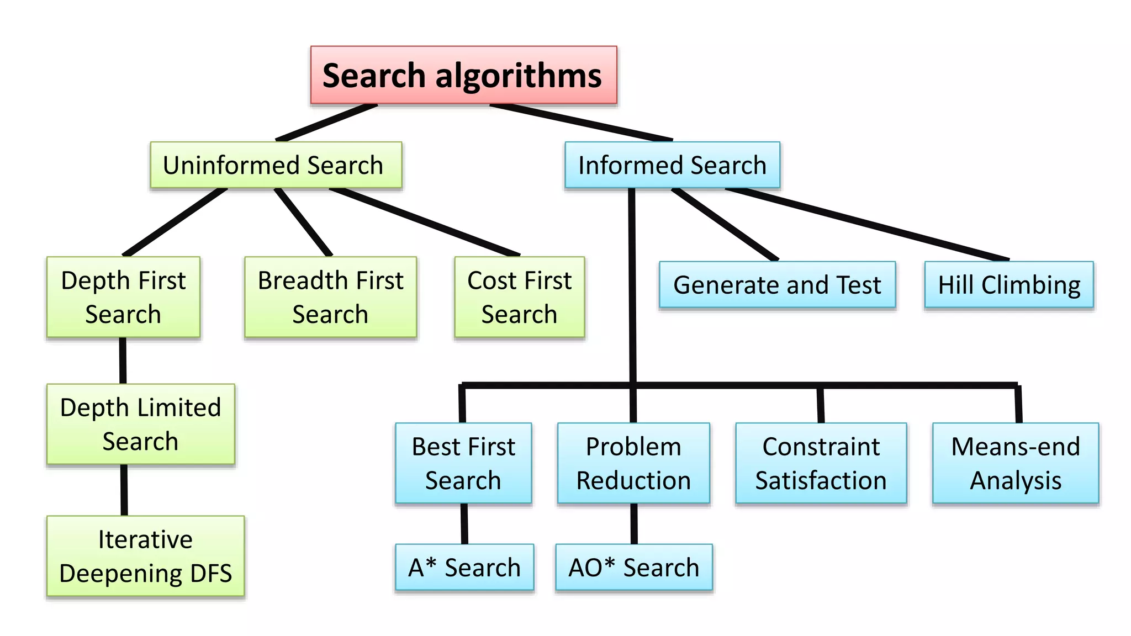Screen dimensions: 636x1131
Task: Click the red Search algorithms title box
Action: pos(463,75)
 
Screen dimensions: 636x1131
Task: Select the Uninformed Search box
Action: pos(276,165)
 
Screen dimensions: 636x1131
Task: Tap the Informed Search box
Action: pos(672,165)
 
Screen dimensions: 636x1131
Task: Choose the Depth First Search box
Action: pos(123,297)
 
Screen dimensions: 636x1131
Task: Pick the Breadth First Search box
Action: pos(330,297)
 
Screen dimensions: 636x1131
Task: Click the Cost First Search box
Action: pos(519,297)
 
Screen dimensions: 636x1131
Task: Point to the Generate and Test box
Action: pos(777,285)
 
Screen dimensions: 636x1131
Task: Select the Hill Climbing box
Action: pos(1009,285)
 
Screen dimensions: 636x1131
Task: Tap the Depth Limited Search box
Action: pos(140,424)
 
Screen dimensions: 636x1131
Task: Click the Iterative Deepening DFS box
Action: pos(145,556)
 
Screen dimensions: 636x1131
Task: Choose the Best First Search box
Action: pos(463,463)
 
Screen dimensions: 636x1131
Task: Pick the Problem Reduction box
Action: pos(633,463)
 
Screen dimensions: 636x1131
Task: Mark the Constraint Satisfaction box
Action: pos(821,463)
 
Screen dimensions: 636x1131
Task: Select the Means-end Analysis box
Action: pos(1016,463)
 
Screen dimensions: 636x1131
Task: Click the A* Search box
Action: pos(464,567)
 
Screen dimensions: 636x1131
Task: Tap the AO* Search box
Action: pos(634,567)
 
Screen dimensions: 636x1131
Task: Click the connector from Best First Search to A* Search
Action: pos(464,523)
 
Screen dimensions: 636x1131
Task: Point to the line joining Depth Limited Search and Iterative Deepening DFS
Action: pos(124,490)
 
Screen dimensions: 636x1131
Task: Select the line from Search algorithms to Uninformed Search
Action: pos(327,123)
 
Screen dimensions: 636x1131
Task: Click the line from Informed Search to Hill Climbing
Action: pos(867,225)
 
